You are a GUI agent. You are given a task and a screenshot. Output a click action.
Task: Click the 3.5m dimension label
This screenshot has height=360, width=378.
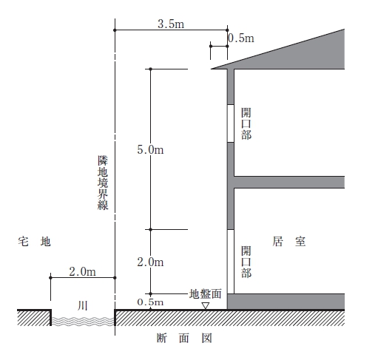click(171, 24)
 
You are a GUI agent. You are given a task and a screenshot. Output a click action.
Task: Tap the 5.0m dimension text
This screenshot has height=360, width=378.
click(150, 149)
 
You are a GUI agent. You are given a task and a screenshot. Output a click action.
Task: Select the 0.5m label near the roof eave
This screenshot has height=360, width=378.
click(241, 38)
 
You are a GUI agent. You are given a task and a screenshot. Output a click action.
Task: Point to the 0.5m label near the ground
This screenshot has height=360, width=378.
click(150, 302)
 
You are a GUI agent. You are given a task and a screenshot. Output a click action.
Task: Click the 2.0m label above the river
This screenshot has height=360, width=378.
click(82, 271)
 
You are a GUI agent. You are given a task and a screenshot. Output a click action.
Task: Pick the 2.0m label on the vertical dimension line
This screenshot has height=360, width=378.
click(150, 262)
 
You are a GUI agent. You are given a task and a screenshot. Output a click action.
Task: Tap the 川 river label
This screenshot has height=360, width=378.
click(83, 306)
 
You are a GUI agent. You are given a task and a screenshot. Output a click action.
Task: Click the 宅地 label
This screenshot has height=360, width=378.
click(34, 242)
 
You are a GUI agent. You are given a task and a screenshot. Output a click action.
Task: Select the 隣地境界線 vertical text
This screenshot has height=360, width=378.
click(103, 183)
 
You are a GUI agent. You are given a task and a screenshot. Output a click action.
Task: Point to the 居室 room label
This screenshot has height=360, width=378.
click(289, 242)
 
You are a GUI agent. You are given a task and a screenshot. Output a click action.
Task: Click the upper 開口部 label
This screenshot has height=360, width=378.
click(246, 123)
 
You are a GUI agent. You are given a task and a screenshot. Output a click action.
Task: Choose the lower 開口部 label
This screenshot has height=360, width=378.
click(246, 262)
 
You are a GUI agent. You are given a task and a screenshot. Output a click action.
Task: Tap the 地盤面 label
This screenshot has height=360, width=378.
click(205, 293)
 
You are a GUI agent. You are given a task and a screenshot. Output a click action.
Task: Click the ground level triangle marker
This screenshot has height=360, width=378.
click(205, 306)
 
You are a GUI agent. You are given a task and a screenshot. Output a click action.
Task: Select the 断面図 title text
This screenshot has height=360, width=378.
click(184, 338)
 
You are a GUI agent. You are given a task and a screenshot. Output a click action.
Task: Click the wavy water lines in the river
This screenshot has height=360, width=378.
click(83, 322)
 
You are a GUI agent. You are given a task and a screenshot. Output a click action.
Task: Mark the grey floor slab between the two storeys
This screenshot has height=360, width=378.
click(289, 182)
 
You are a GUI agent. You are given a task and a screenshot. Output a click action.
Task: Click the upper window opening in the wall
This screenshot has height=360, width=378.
click(231, 123)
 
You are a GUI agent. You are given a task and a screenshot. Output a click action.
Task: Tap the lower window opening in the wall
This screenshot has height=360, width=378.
click(231, 262)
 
